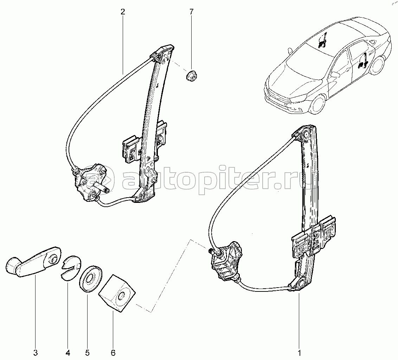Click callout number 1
[299, 352]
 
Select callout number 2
[122, 12]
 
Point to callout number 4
[68, 352]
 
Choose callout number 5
[88, 352]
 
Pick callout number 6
[113, 352]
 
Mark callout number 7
[191, 12]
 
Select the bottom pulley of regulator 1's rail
[301, 284]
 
